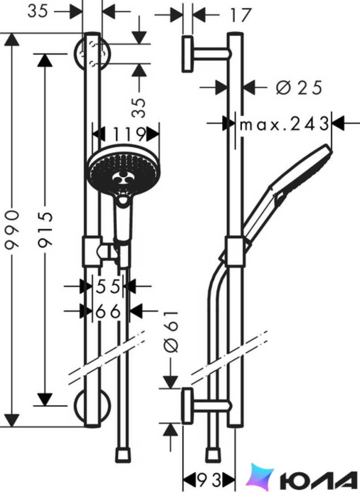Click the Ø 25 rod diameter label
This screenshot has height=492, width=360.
(299, 88)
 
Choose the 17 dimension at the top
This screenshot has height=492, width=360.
(241, 15)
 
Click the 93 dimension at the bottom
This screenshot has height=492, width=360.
(209, 479)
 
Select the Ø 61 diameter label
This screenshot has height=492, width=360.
(171, 331)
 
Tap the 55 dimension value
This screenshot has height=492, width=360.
(108, 286)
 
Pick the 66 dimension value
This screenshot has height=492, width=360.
(108, 312)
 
